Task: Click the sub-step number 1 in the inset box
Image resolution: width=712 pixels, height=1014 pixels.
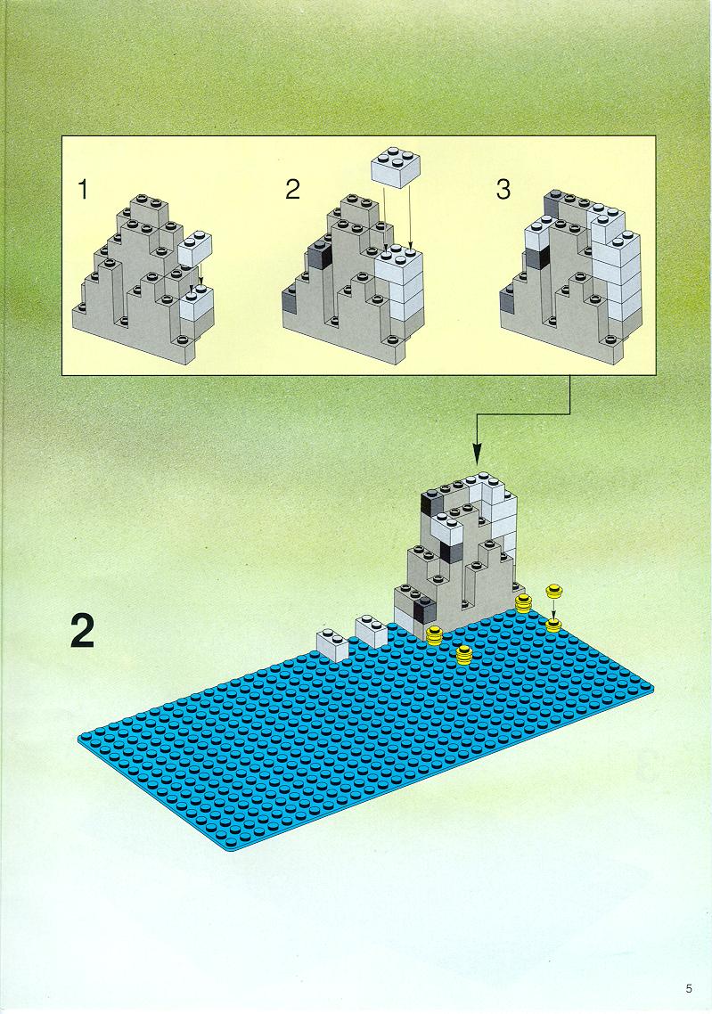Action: pyautogui.click(x=83, y=190)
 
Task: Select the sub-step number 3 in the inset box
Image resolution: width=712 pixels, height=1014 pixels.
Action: pyautogui.click(x=503, y=190)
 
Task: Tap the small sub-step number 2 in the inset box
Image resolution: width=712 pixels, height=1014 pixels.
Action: pyautogui.click(x=293, y=190)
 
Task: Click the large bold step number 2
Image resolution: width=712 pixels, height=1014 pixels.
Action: pyautogui.click(x=83, y=630)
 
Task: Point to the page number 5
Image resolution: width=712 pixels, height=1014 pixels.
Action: pyautogui.click(x=690, y=988)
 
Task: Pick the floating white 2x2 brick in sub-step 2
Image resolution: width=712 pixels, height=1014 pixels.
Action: pyautogui.click(x=395, y=167)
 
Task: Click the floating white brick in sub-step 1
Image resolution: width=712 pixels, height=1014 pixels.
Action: pyautogui.click(x=193, y=248)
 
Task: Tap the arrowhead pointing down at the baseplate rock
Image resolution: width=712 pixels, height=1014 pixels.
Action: pyautogui.click(x=478, y=454)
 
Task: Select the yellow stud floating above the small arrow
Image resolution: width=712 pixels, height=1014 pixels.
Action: pyautogui.click(x=552, y=591)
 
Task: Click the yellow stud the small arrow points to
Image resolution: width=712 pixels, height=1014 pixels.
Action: pyautogui.click(x=553, y=625)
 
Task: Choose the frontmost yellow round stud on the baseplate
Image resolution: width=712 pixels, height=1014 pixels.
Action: pyautogui.click(x=463, y=654)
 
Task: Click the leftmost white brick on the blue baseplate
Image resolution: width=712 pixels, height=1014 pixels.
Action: pyautogui.click(x=332, y=645)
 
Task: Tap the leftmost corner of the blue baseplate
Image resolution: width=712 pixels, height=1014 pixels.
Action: pyautogui.click(x=78, y=739)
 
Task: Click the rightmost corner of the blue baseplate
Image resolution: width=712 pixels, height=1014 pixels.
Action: pyautogui.click(x=652, y=686)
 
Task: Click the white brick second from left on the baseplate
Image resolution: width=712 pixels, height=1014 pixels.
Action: pyautogui.click(x=372, y=630)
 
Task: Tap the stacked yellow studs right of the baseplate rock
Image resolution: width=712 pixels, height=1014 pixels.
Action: pyautogui.click(x=523, y=604)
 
